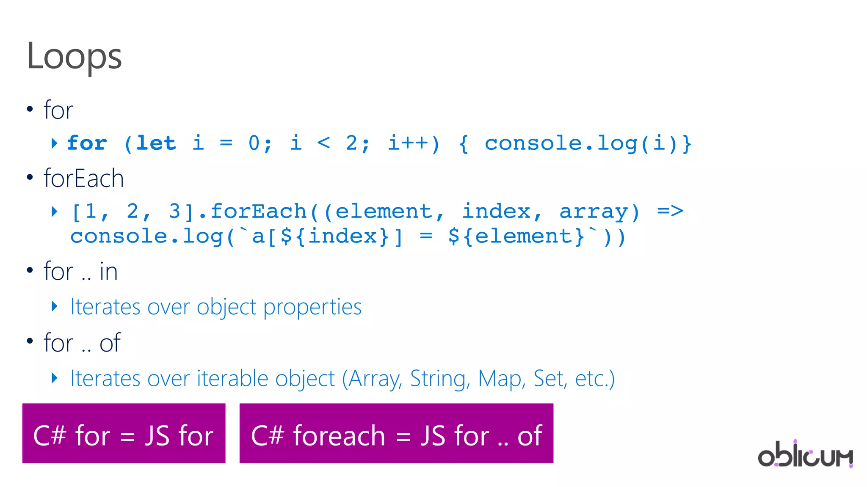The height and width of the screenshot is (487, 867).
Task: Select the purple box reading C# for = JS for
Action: [124, 434]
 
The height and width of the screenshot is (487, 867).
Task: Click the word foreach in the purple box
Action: [339, 436]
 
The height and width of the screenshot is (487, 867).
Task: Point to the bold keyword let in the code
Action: [156, 143]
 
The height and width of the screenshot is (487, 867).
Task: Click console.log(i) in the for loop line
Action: [582, 143]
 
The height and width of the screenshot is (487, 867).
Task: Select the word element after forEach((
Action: [384, 211]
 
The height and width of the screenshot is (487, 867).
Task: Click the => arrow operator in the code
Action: [670, 211]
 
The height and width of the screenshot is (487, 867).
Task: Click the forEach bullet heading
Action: [84, 179]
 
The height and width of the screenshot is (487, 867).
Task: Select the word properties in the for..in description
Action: [312, 308]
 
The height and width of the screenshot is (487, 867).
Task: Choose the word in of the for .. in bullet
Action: [108, 272]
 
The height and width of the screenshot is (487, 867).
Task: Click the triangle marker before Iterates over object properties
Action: [54, 306]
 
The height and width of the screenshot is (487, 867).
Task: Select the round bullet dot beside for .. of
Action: [30, 341]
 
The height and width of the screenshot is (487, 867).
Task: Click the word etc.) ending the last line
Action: [594, 379]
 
